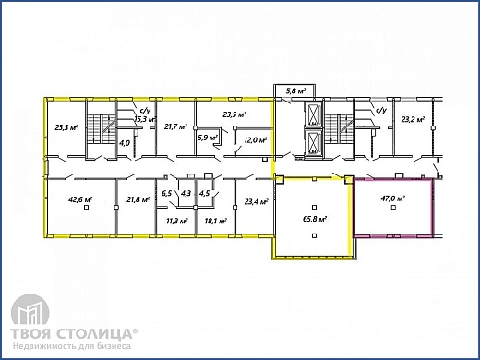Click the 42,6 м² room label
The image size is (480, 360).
click(80, 199)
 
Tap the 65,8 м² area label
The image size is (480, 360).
click(315, 219)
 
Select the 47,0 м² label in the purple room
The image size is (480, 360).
click(392, 198)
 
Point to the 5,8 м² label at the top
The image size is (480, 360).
click(295, 91)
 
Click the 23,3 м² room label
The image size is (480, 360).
click(66, 127)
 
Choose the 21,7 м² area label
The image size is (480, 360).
click(175, 126)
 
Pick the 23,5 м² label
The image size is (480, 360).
click(234, 114)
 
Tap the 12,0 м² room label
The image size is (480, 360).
click(255, 140)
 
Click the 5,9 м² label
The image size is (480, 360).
click(208, 138)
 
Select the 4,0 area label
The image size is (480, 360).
click(125, 143)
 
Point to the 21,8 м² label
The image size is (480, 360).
click(138, 199)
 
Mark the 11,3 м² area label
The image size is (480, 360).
click(177, 221)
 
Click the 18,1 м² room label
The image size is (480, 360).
click(216, 221)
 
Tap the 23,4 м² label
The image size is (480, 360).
click(256, 202)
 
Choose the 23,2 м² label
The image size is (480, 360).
click(413, 119)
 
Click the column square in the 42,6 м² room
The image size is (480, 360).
click(87, 208)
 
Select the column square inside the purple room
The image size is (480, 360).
click(393, 208)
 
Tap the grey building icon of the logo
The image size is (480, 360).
click(30, 310)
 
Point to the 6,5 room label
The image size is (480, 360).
click(166, 193)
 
